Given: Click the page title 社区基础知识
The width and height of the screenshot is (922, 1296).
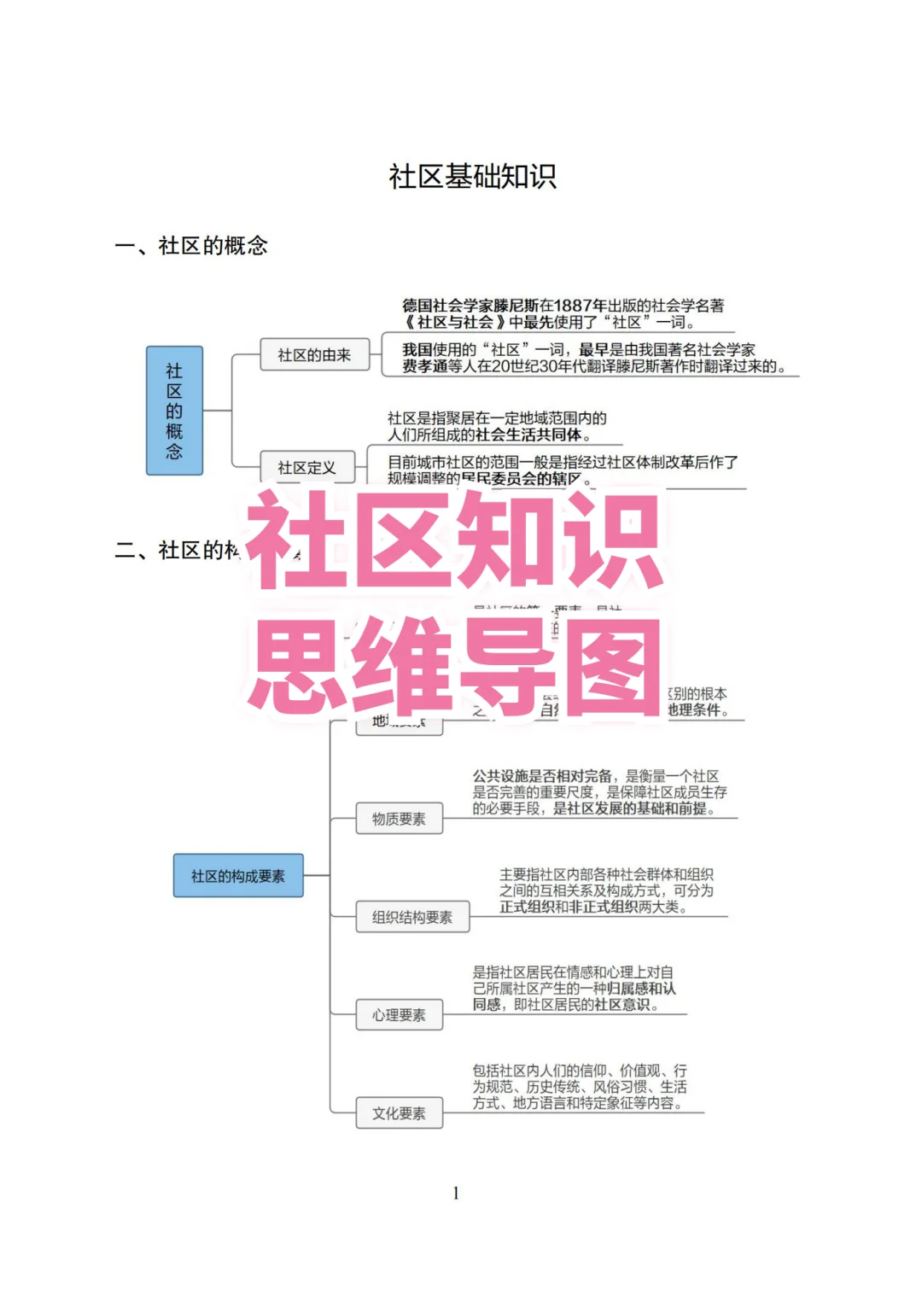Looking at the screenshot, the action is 472,177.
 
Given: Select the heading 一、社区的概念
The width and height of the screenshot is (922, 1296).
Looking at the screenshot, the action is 191,246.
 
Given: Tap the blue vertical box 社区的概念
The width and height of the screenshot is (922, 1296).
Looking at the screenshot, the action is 174,411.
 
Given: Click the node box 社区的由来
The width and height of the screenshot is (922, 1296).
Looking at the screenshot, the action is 314,355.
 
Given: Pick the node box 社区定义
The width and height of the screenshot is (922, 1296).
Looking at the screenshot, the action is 306,468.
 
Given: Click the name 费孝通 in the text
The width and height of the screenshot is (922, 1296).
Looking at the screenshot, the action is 424,366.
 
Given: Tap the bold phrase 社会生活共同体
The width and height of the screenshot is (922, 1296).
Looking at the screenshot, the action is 534,435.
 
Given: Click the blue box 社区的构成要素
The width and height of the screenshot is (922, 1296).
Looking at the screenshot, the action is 238,876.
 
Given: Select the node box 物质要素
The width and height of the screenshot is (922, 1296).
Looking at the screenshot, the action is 399,819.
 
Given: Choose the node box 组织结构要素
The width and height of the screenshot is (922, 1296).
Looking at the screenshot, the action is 412,917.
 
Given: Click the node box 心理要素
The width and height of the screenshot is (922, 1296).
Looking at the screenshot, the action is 399,1015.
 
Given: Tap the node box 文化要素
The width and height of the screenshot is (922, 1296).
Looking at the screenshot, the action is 399,1113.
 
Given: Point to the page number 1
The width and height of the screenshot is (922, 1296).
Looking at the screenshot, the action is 456,1193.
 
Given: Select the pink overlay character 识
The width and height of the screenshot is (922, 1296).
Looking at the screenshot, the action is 611,540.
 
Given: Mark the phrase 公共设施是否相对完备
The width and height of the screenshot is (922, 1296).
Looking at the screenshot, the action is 542,776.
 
